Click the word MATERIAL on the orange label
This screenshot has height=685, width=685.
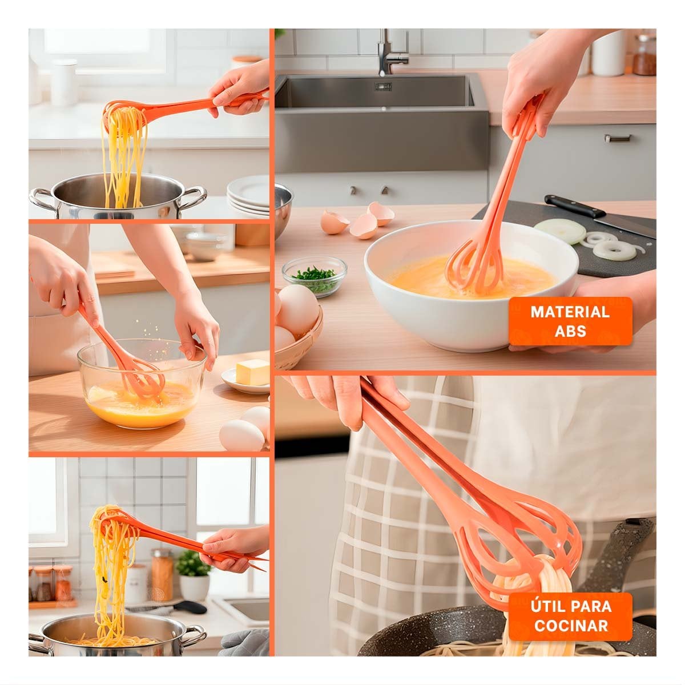570,312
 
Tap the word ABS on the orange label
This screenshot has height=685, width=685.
570,331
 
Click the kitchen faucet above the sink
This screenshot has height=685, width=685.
390,53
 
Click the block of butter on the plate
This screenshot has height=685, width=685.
253,372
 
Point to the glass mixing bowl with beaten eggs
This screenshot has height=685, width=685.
142,384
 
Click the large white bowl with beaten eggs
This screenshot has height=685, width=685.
472,284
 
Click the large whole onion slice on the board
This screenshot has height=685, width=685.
559,231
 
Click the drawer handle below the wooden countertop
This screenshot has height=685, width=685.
618,138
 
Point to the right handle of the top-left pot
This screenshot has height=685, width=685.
192,198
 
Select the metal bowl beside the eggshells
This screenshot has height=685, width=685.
283,209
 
